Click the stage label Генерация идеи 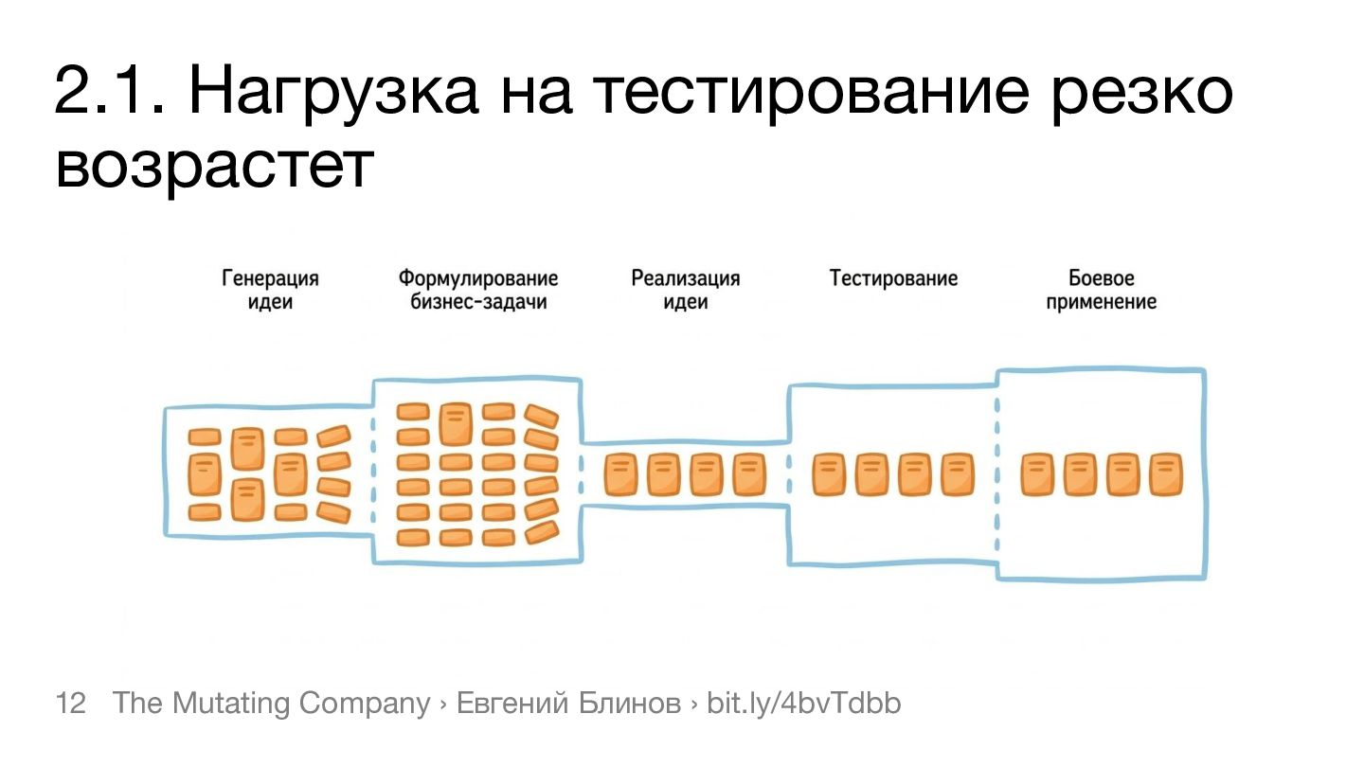[270, 291]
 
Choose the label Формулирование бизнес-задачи [478, 291]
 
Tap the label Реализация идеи [685, 291]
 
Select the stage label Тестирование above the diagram [893, 278]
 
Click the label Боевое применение [1102, 291]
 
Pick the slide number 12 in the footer [71, 704]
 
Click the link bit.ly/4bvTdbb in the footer [804, 704]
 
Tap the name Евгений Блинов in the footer [568, 704]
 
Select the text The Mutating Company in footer [271, 704]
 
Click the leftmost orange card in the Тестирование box [829, 474]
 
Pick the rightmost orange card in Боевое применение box [1166, 474]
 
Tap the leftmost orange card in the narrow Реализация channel [620, 474]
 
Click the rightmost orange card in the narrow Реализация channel [749, 474]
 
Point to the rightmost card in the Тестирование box [958, 474]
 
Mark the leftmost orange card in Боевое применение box [1037, 474]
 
